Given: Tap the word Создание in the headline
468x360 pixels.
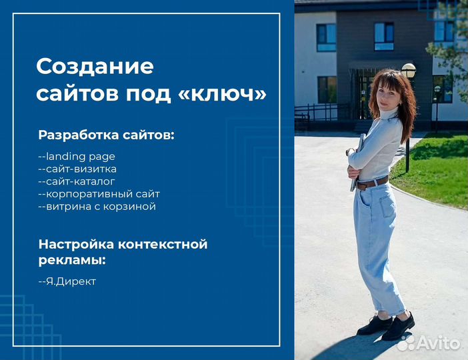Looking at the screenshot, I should (94, 67).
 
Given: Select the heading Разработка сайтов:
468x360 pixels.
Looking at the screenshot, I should (106, 135).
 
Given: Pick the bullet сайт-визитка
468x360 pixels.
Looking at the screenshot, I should (77, 169).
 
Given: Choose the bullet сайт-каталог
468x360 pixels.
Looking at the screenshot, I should (77, 181).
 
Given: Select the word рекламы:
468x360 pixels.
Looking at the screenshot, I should (72, 259).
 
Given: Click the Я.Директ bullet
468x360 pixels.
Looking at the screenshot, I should (67, 281).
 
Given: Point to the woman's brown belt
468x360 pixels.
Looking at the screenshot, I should (373, 183).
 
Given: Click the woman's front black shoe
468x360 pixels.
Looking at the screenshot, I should (398, 327).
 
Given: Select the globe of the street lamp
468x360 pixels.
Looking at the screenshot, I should (409, 69).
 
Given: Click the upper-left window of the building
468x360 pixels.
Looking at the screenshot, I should (326, 37).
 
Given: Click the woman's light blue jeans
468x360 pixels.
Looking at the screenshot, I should (377, 240).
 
